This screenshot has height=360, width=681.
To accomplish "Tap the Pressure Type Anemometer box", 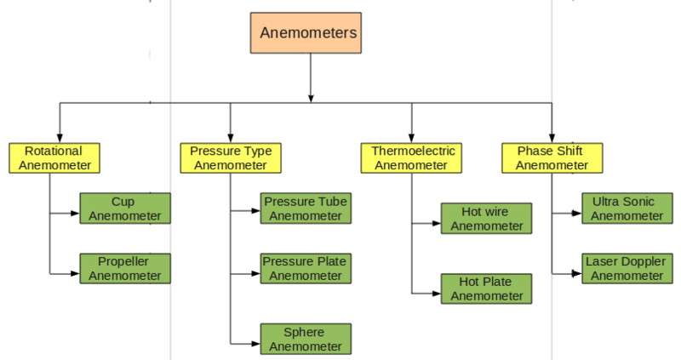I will pyautogui.click(x=231, y=157).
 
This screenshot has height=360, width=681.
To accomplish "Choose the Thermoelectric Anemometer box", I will pyautogui.click(x=413, y=157).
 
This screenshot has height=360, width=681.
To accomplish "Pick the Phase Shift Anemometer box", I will pyautogui.click(x=552, y=157).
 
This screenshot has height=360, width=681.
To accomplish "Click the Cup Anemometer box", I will pyautogui.click(x=125, y=209).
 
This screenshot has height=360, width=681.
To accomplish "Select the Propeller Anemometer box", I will pyautogui.click(x=125, y=268).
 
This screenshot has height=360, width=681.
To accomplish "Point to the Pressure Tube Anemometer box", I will pyautogui.click(x=305, y=209).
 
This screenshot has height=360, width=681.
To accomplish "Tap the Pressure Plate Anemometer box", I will pyautogui.click(x=305, y=268).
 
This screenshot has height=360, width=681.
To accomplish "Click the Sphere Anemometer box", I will pyautogui.click(x=305, y=339).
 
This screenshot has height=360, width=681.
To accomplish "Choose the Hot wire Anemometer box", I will pyautogui.click(x=486, y=219).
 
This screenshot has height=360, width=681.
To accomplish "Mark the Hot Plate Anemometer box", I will pyautogui.click(x=486, y=289).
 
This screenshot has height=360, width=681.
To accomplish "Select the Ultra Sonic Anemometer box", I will pyautogui.click(x=626, y=209).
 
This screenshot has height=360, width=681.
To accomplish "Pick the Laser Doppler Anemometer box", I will pyautogui.click(x=626, y=268).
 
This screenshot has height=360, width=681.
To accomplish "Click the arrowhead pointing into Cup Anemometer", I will pyautogui.click(x=76, y=213).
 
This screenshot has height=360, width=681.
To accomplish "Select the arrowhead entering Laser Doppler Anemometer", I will pyautogui.click(x=577, y=273).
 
